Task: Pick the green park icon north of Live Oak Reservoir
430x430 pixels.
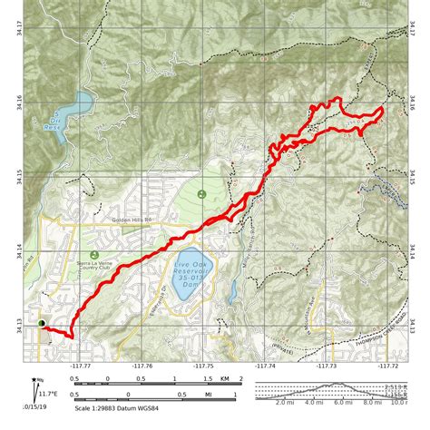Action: [x=200, y=193]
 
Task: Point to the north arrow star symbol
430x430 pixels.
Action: [x=34, y=381]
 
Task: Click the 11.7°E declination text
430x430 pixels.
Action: [x=49, y=393]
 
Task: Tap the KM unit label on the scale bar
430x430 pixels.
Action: [x=225, y=379]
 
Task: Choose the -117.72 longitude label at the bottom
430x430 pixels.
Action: [x=388, y=366]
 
